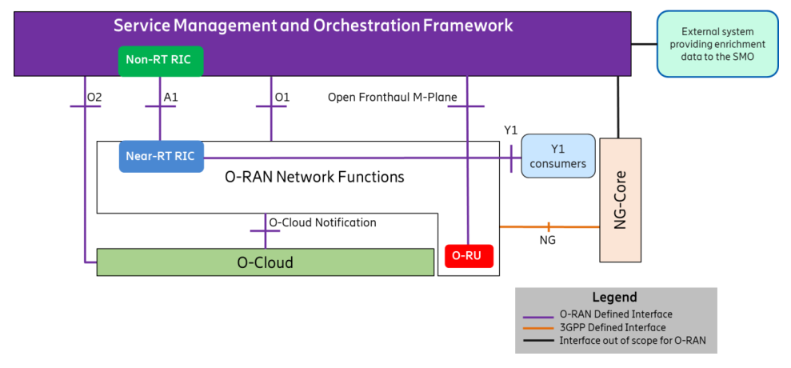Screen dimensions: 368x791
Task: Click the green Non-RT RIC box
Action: pyautogui.click(x=161, y=61)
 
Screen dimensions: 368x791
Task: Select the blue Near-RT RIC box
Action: pyautogui.click(x=160, y=156)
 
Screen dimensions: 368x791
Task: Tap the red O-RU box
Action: pyautogui.click(x=468, y=257)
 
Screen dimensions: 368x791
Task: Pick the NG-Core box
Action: pyautogui.click(x=620, y=200)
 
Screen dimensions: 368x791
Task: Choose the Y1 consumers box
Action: pyautogui.click(x=557, y=156)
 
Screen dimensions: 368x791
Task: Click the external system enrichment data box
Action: pyautogui.click(x=717, y=43)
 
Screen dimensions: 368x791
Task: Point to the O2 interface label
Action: pyautogui.click(x=94, y=98)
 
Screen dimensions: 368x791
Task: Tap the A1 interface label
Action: pyautogui.click(x=170, y=98)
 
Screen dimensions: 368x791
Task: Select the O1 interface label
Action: pyautogui.click(x=282, y=98)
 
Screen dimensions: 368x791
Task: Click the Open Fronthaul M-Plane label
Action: pyautogui.click(x=392, y=98)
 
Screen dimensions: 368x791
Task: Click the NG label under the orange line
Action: pyautogui.click(x=547, y=239)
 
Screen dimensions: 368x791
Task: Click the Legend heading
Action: pyautogui.click(x=614, y=297)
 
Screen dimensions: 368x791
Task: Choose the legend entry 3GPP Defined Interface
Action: pyautogui.click(x=613, y=327)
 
